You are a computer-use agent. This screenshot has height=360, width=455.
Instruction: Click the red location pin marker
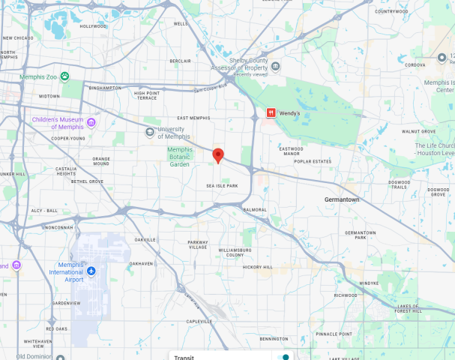(x=218, y=156)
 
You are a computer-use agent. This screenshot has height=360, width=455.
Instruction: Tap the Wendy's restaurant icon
(x=271, y=112)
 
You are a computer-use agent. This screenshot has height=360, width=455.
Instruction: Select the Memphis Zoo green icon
(x=65, y=76)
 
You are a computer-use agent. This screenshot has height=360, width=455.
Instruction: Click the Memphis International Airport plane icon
(x=91, y=270)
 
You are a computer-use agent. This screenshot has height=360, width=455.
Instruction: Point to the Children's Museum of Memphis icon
(x=91, y=122)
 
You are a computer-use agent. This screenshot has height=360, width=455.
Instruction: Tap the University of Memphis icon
(x=151, y=132)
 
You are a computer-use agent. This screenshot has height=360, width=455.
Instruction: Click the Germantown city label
(x=342, y=200)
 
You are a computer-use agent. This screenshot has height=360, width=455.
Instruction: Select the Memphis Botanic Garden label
(x=179, y=156)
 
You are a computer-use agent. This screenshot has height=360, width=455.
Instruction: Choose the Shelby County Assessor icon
(x=276, y=66)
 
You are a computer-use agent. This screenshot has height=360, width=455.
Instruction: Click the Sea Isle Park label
(x=222, y=186)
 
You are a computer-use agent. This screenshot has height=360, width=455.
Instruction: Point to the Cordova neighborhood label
(x=415, y=64)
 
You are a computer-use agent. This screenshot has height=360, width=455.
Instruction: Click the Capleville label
(x=199, y=321)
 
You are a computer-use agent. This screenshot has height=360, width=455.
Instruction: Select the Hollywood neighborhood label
(x=94, y=26)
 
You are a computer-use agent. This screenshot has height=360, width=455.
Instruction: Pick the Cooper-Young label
(x=67, y=138)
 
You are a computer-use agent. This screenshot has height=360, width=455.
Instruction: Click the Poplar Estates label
(x=313, y=161)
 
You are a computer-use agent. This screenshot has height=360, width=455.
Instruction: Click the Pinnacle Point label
(x=334, y=334)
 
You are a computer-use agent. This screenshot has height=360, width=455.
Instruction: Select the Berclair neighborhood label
(x=180, y=61)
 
